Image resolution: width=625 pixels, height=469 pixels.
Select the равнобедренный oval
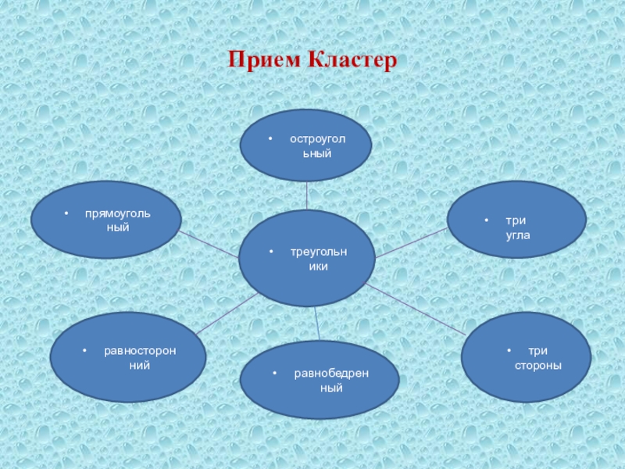(x=320, y=380)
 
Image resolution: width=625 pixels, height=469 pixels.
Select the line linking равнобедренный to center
(x=316, y=323)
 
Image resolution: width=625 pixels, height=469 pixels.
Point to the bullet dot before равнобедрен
(x=275, y=374)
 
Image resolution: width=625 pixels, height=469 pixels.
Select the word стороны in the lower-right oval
(x=538, y=366)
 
